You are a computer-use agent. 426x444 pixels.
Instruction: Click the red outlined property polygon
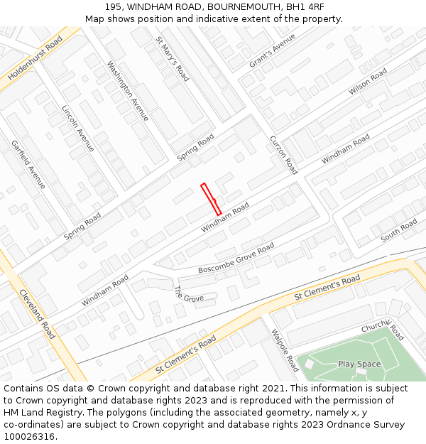coord(211,199)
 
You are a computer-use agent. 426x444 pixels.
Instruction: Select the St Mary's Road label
coord(172,59)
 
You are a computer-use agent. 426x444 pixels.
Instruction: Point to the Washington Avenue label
coord(128,91)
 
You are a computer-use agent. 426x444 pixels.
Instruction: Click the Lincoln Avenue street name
coord(78,129)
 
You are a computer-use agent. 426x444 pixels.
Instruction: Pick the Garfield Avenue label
coord(28,164)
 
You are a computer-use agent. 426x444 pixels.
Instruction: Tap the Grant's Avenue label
coord(272,51)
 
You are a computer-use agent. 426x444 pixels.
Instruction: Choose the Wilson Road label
coord(368,82)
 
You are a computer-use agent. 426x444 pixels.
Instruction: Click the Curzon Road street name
coord(283,155)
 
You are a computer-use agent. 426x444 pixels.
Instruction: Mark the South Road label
coord(399,231)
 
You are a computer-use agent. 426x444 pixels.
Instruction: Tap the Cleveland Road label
coord(37,313)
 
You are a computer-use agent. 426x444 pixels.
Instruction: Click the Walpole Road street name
coord(285,350)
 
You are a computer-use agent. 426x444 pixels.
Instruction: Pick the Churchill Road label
coord(383,330)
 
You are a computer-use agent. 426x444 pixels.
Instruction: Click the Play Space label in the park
coord(359,364)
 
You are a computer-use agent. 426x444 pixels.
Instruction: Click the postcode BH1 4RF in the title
coord(302,7)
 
